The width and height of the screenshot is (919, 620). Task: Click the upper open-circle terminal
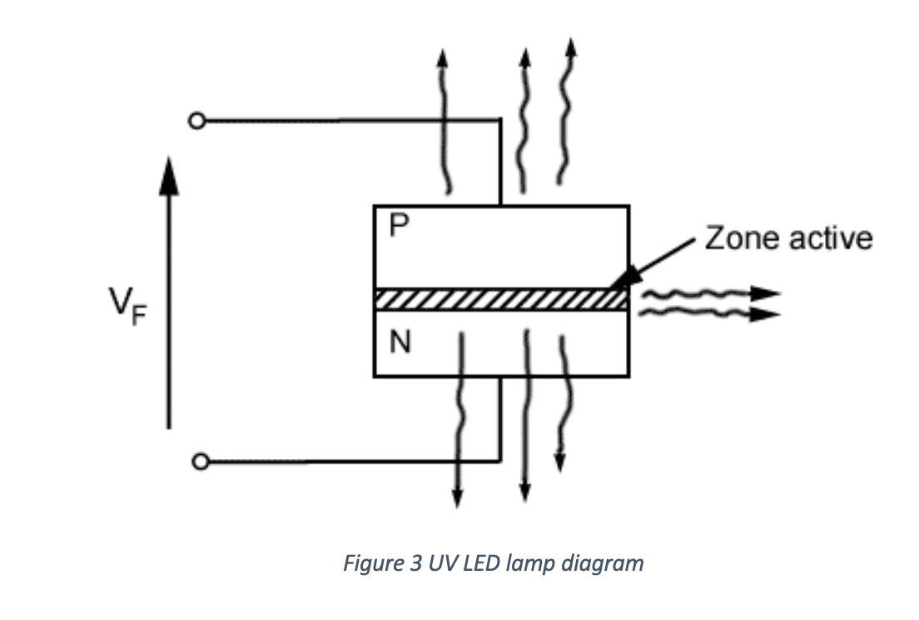click(x=196, y=121)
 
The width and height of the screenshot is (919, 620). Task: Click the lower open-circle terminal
click(x=200, y=461)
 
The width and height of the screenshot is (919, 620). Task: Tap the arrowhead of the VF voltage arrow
click(x=169, y=175)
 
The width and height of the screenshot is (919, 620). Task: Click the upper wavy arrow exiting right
click(x=708, y=293)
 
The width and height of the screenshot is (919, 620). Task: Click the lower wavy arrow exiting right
click(x=708, y=313)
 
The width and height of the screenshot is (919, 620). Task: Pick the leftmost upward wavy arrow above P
click(x=445, y=125)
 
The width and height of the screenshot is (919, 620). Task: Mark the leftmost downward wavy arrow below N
click(x=459, y=417)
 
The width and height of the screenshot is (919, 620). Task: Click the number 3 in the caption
click(x=415, y=563)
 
